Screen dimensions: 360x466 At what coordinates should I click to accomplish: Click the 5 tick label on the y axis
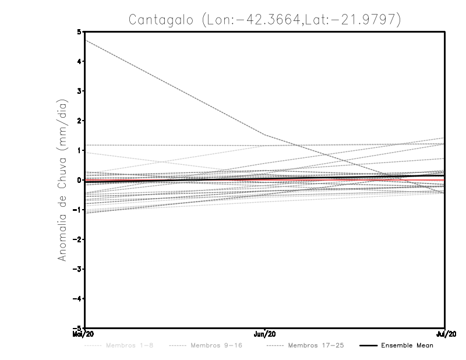[79, 31]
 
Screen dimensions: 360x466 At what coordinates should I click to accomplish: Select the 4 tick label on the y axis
[79, 61]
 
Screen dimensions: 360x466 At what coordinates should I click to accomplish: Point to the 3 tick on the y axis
[79, 91]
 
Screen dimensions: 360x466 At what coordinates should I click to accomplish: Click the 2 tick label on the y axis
[79, 121]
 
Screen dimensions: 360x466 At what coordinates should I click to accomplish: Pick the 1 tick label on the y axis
[79, 150]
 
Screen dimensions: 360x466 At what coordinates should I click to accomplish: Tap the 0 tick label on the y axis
[79, 180]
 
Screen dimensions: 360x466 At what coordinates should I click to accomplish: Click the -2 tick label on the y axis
[77, 239]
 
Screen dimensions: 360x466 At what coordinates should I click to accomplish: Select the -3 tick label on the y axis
[77, 269]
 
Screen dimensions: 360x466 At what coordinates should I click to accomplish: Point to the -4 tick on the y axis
[77, 299]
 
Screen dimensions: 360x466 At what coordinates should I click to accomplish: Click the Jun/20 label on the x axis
[265, 334]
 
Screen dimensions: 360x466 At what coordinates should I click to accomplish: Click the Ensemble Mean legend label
[407, 345]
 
